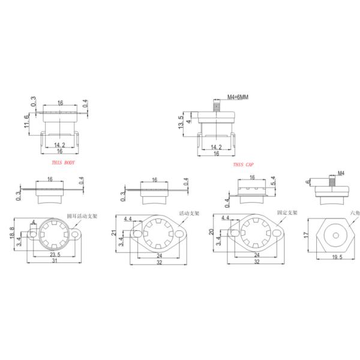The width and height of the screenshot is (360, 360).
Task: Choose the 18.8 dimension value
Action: pos(11,233)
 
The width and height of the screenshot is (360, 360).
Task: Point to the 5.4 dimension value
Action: pos(274,181)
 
